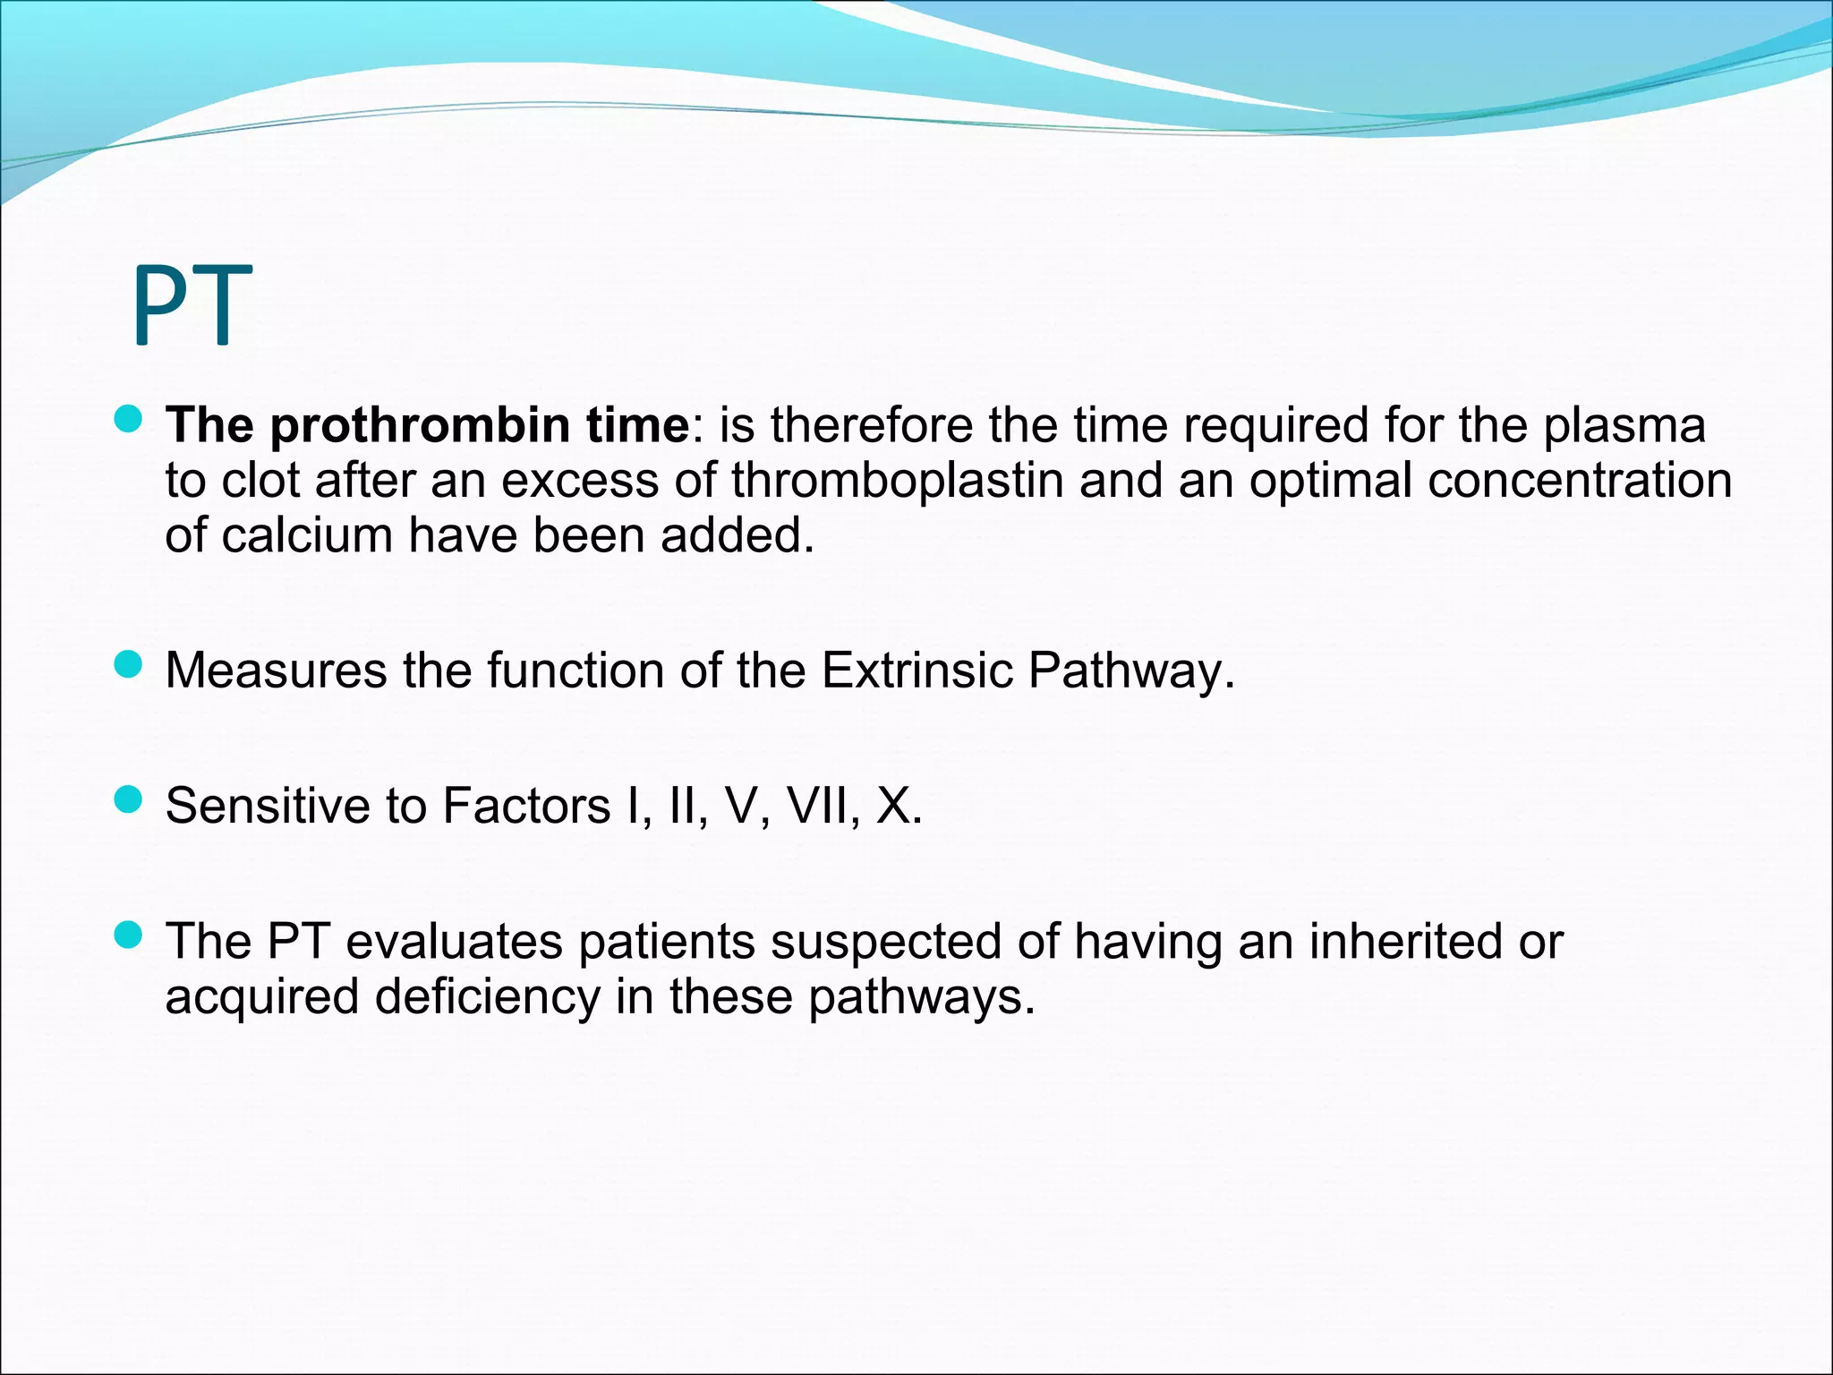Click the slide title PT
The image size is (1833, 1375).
pos(192,305)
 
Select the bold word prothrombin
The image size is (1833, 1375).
pos(420,425)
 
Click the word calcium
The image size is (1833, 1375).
pos(307,536)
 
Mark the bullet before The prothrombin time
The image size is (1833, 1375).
pos(130,419)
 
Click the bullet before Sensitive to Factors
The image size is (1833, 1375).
pos(130,799)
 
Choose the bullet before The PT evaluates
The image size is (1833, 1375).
pos(130,935)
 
